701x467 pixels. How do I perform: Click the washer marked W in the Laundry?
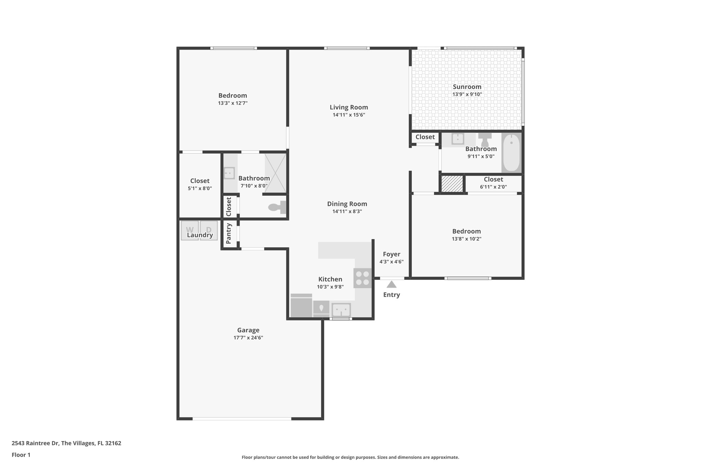190,231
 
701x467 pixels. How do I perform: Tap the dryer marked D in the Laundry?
209,231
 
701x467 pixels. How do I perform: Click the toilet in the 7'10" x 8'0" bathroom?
278,207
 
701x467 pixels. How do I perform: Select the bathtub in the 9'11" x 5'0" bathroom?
511,153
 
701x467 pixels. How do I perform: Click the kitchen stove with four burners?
362,278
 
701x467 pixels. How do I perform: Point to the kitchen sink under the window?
341,310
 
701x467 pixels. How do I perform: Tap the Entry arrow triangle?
392,285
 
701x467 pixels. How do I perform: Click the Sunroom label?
467,87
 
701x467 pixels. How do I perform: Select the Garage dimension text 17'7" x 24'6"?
248,338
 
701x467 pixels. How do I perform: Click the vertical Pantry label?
229,234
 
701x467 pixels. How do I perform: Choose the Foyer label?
392,254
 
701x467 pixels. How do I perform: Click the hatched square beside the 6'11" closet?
452,184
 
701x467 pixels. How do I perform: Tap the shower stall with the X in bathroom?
275,173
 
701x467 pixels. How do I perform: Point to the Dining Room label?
347,204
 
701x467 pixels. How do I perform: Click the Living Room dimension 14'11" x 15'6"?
349,115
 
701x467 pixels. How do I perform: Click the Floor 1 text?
21,455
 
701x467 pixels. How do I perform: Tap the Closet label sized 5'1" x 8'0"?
200,181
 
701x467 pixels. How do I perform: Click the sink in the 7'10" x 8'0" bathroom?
229,173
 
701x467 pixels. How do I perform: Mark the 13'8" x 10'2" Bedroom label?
467,231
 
